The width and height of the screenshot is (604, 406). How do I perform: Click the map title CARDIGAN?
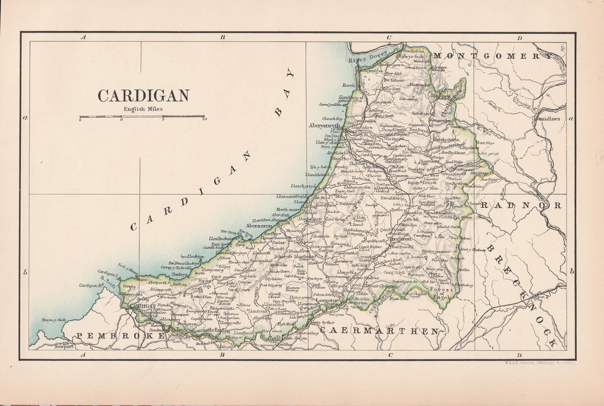click(143, 96)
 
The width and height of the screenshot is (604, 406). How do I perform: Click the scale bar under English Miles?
click(142, 116)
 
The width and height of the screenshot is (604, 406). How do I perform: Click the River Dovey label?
click(367, 57)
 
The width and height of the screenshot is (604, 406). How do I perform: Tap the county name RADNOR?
click(521, 206)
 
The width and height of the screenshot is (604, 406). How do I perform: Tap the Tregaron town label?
click(399, 237)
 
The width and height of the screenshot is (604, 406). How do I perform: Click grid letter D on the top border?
click(519, 38)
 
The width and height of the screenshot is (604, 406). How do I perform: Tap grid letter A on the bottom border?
click(82, 354)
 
